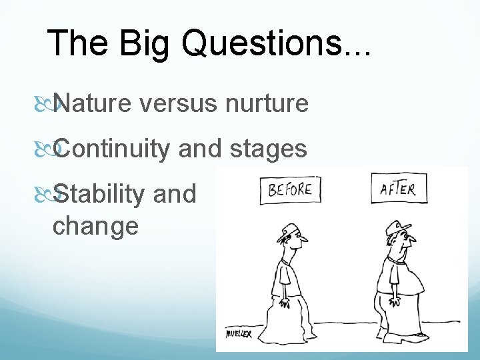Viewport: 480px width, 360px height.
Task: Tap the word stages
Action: [268, 148]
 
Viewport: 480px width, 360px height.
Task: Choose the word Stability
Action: [99, 193]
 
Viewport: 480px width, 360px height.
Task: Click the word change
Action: [95, 225]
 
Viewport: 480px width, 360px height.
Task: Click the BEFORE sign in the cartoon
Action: [291, 189]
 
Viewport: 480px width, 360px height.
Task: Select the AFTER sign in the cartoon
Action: [398, 189]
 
